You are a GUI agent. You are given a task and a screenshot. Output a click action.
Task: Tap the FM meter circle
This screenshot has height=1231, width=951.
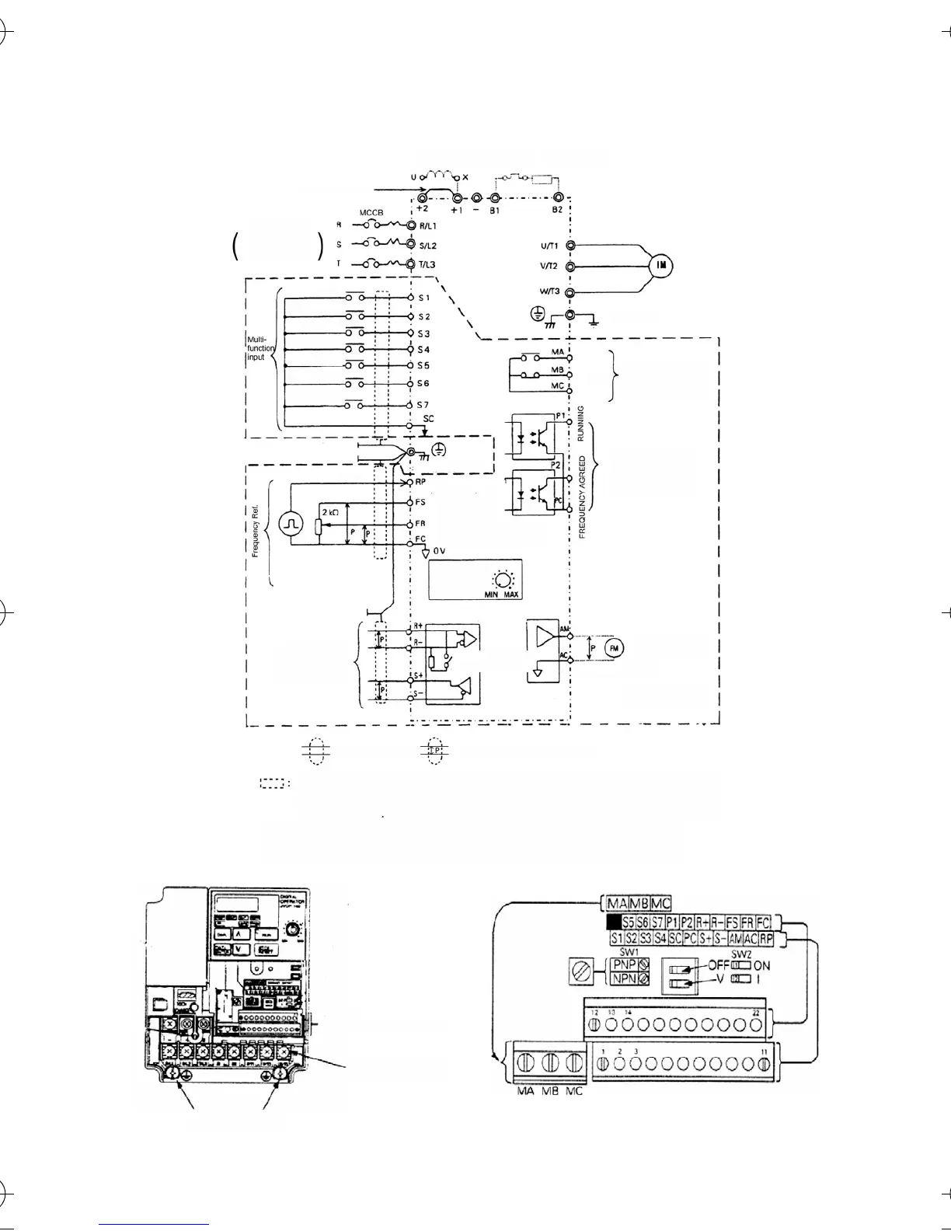(x=615, y=647)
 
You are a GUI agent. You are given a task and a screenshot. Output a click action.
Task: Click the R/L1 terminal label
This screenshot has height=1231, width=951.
(x=428, y=225)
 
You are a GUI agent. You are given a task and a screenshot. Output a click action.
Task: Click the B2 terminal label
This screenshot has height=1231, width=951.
(x=557, y=210)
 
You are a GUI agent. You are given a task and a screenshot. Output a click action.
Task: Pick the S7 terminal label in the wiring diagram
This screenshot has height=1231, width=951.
(x=423, y=405)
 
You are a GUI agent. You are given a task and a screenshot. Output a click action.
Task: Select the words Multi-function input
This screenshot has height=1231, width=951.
(x=260, y=348)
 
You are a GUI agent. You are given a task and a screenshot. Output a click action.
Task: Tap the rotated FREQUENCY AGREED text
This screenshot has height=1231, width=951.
(x=582, y=497)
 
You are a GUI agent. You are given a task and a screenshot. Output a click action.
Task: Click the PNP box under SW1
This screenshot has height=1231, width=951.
(x=623, y=964)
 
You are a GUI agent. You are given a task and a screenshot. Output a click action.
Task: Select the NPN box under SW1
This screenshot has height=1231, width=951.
(x=623, y=979)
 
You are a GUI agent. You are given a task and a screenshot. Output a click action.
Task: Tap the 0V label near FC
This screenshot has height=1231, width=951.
(x=439, y=550)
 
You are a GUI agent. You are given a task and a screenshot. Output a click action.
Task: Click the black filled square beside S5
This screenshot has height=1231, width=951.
(x=614, y=922)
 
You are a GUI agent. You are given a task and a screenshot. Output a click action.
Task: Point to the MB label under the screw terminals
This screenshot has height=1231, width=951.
(x=549, y=1091)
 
